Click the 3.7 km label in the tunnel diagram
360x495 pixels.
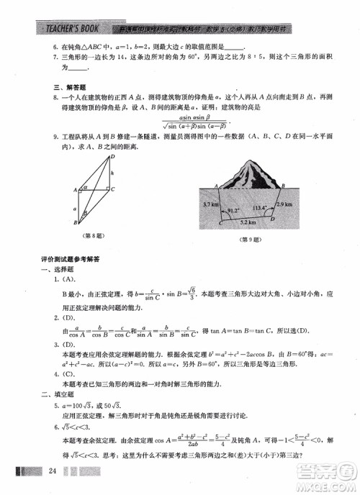210,205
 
